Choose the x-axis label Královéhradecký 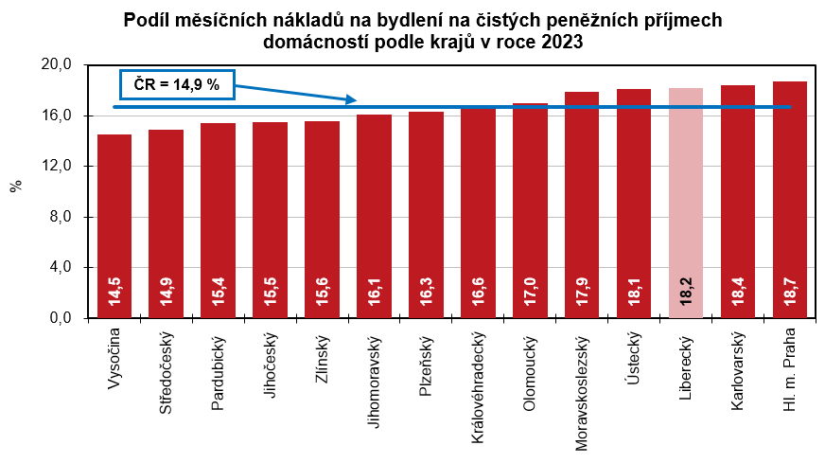coord(478,387)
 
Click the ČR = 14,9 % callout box coord(176,85)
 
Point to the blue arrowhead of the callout coord(352,100)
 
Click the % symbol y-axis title coord(16,187)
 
